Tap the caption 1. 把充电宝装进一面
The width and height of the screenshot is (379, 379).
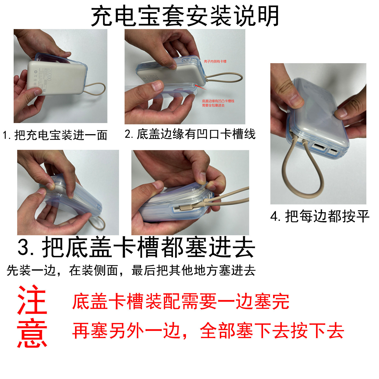point(55,135)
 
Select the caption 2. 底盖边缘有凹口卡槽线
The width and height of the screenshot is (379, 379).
point(190,134)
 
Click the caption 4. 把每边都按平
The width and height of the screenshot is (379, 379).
point(320,217)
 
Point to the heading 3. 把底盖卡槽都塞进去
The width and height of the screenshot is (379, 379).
point(136,248)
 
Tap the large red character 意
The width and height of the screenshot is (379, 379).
point(32,334)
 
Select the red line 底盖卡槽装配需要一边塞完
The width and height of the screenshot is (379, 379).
point(180,301)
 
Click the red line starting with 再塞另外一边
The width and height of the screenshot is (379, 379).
point(208,331)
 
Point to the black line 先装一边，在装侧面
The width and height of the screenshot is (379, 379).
point(131,270)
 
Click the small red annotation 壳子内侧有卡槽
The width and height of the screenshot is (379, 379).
point(215,61)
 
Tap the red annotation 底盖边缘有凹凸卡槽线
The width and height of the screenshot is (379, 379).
point(218,103)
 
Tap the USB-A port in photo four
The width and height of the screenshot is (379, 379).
point(317,146)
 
